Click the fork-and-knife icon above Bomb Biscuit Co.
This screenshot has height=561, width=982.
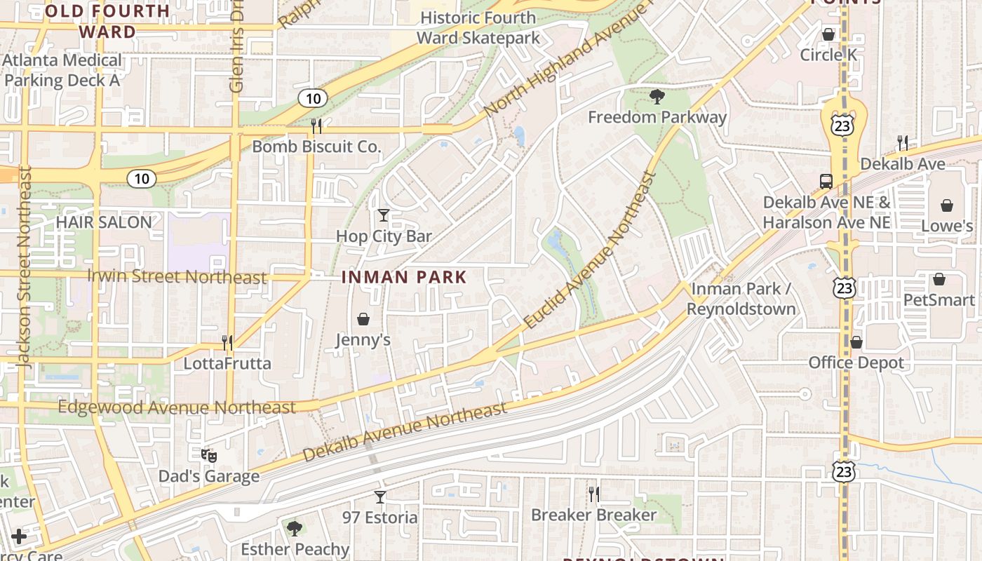click(316, 126)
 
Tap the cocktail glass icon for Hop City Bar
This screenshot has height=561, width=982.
click(383, 215)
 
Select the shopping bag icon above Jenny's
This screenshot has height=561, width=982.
click(363, 319)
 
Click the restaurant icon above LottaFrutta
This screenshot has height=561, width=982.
click(227, 342)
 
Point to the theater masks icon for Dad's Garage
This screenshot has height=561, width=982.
click(208, 456)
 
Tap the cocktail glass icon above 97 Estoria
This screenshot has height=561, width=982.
click(380, 497)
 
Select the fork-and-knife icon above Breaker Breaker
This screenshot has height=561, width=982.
click(593, 494)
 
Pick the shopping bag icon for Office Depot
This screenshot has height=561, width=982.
click(856, 342)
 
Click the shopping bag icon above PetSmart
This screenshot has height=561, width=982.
click(939, 279)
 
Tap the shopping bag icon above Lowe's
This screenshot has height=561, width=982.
click(946, 205)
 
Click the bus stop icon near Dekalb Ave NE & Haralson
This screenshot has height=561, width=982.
click(826, 181)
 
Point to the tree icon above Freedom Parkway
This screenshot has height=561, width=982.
click(657, 96)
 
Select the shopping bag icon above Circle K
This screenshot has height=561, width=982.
click(828, 34)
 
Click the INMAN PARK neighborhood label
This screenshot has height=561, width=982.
click(404, 277)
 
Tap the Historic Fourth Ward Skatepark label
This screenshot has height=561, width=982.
click(479, 27)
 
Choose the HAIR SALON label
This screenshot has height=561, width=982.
click(104, 222)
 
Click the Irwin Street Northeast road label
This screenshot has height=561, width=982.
click(177, 276)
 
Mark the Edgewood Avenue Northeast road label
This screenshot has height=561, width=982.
click(177, 407)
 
